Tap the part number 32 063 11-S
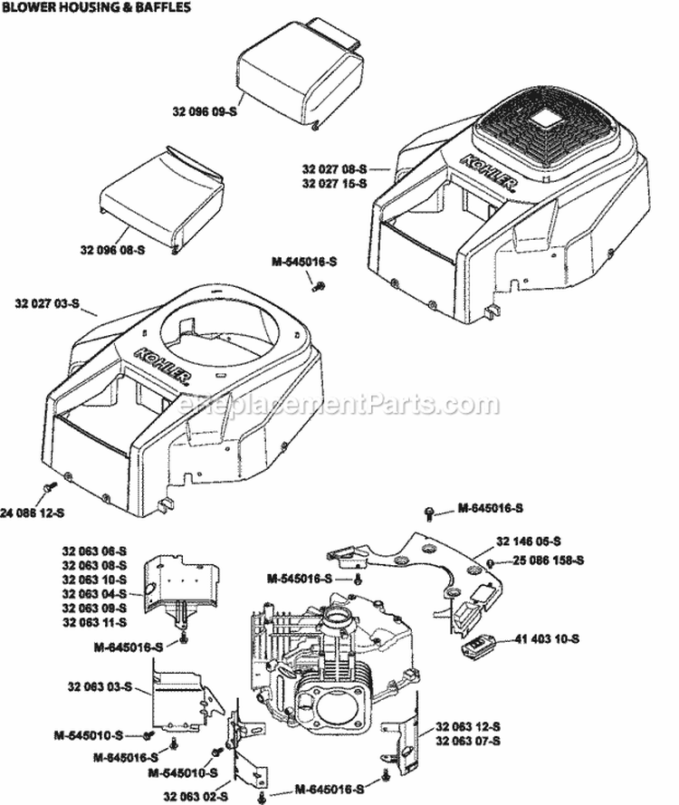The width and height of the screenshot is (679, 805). coord(94,623)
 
